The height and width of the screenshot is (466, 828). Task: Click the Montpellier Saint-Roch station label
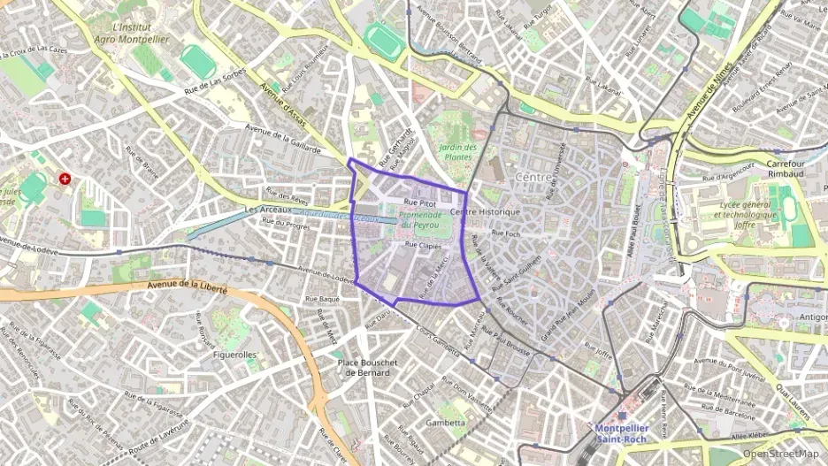pos(620,432)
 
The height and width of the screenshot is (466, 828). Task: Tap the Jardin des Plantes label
pos(458,151)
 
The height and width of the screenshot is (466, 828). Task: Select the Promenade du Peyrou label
pos(419,220)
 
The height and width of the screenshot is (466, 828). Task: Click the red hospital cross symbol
pos(65,179)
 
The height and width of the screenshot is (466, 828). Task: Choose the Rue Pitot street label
pos(420,202)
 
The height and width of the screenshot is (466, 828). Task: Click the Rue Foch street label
pos(506,233)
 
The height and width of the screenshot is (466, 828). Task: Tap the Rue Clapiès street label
pos(423,245)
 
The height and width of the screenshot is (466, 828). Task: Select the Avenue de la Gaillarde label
pos(282,140)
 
